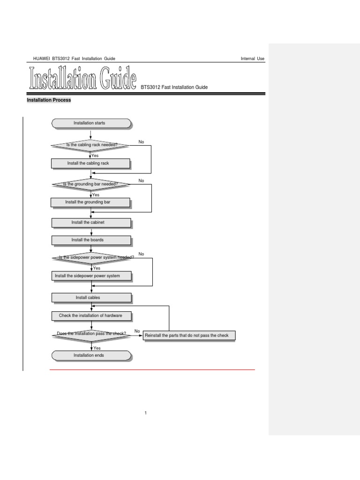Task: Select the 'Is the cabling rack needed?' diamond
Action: click(x=91, y=145)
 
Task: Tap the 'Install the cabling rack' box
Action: click(x=90, y=163)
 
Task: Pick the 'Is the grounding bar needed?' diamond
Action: click(x=91, y=184)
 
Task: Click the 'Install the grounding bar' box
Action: click(x=90, y=202)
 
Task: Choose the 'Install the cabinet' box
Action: click(x=91, y=222)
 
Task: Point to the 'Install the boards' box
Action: click(x=91, y=240)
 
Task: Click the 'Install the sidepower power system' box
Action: click(x=91, y=276)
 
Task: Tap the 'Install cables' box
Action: click(x=91, y=298)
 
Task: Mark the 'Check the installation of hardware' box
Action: click(x=91, y=316)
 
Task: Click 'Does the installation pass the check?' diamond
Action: click(x=91, y=334)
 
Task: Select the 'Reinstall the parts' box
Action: click(x=188, y=336)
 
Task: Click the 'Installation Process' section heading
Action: click(x=49, y=100)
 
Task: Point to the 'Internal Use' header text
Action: click(x=252, y=59)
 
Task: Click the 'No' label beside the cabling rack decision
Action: click(x=141, y=141)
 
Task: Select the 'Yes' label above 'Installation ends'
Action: click(x=97, y=348)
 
